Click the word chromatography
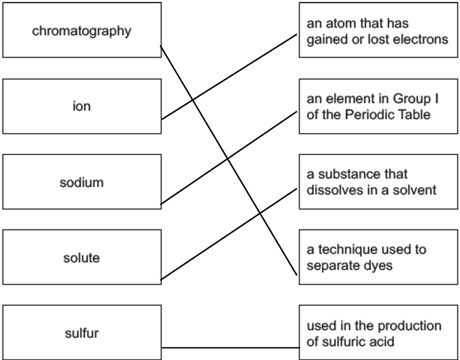[x=81, y=31]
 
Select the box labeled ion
[x=82, y=106]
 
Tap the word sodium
[x=81, y=182]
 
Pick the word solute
[x=81, y=258]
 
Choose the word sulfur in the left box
[x=82, y=333]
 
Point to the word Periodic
[x=369, y=114]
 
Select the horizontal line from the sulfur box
[x=231, y=348]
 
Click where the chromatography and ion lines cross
[x=193, y=100]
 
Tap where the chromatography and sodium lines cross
[x=228, y=159]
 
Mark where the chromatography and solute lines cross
[x=260, y=213]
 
